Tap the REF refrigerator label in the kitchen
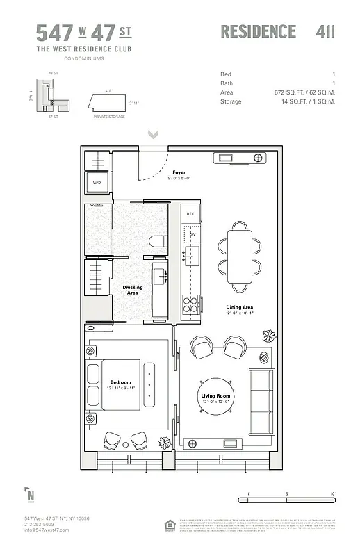click(x=190, y=213)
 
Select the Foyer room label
click(x=179, y=172)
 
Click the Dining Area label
click(x=238, y=307)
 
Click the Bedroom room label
click(x=120, y=382)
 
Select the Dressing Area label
click(x=133, y=290)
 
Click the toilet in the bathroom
click(x=158, y=242)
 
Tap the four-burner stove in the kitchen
click(x=190, y=303)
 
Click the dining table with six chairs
click(x=240, y=254)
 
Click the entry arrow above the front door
click(x=153, y=134)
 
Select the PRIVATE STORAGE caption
click(x=109, y=117)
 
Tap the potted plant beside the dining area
click(x=269, y=336)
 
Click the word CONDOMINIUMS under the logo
click(x=83, y=58)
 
